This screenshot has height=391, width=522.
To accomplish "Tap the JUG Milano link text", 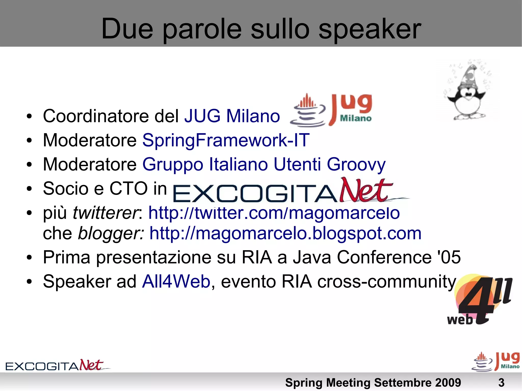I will coord(232,116).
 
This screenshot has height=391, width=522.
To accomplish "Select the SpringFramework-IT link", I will coord(226,140).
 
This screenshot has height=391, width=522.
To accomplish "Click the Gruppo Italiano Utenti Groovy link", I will coord(264,165).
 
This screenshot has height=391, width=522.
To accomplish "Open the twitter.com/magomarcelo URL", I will coord(274,213).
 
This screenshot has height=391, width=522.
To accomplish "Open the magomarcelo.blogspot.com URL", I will coord(285,233).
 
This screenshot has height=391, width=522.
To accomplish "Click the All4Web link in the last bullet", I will coord(176,282).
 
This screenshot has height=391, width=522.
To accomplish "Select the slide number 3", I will coord(501,383).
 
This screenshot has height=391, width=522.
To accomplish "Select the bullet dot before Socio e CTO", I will coord(30,189).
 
